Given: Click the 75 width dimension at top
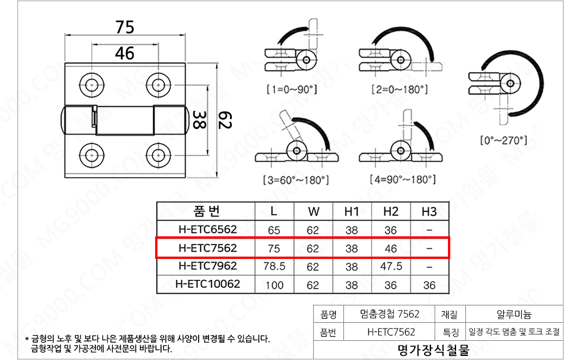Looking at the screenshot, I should pyautogui.click(x=124, y=27).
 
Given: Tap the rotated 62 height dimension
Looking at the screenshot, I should pyautogui.click(x=224, y=120).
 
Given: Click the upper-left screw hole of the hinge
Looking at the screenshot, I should pyautogui.click(x=92, y=85).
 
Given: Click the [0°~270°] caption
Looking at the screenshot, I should pyautogui.click(x=504, y=141).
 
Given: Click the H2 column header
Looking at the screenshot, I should pyautogui.click(x=391, y=211).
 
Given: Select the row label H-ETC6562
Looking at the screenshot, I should pyautogui.click(x=206, y=230).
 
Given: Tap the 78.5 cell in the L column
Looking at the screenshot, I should pyautogui.click(x=274, y=267).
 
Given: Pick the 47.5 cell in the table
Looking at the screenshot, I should pyautogui.click(x=391, y=267).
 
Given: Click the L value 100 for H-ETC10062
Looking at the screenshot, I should pyautogui.click(x=274, y=286).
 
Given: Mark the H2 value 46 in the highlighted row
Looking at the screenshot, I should pyautogui.click(x=391, y=249).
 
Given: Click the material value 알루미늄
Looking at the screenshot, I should pyautogui.click(x=514, y=315).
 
